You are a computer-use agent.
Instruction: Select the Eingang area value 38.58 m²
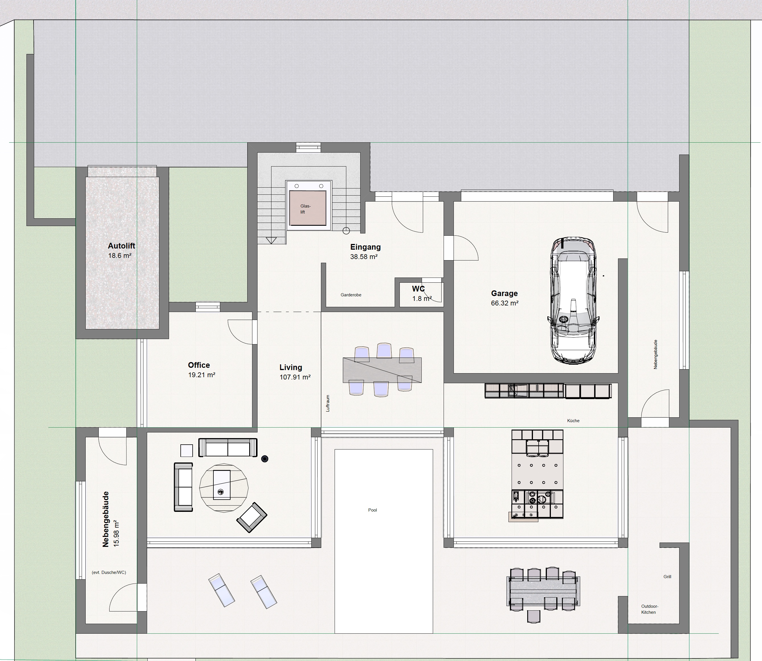[364, 257]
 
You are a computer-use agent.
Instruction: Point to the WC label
[419, 289]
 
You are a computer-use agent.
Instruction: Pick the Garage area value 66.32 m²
[505, 303]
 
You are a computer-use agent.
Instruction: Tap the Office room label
[199, 365]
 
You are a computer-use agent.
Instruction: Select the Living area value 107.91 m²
[295, 377]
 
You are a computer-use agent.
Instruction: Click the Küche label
[573, 420]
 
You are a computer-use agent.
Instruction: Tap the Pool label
[373, 510]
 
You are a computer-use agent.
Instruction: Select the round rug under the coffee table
[224, 488]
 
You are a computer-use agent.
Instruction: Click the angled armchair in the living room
[252, 517]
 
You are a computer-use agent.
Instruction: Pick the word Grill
[667, 576]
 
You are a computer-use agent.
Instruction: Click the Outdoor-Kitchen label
[650, 609]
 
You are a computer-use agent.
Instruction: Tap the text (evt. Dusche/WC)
[109, 572]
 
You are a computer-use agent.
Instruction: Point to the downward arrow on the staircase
[271, 241]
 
